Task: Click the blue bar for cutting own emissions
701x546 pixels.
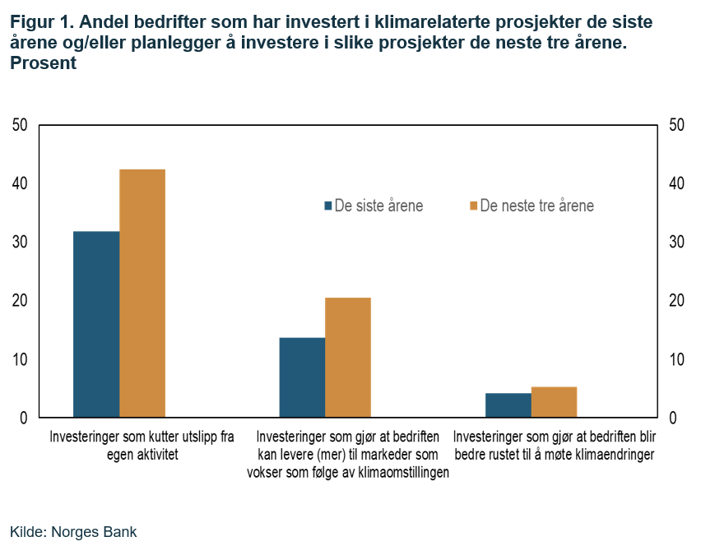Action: pos(96,324)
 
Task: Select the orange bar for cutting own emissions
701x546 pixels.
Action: pos(142,294)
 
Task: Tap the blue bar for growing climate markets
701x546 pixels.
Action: pos(302,377)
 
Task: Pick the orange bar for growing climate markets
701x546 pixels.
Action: pos(348,358)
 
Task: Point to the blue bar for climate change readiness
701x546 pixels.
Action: pos(508,405)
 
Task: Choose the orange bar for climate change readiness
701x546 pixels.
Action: pos(554,402)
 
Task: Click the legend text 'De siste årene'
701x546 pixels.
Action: pos(378,206)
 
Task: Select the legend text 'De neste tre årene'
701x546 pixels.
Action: pos(536,206)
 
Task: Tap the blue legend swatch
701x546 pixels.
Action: pos(328,206)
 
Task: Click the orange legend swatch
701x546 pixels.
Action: pos(473,206)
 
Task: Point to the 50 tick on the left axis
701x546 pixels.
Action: pos(20,125)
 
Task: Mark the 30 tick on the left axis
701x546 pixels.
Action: pos(20,243)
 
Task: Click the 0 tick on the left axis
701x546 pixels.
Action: pos(24,418)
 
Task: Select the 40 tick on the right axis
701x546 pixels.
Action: pos(677,183)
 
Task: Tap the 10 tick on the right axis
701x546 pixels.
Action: pos(677,359)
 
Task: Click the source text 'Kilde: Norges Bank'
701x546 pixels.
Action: pos(73,531)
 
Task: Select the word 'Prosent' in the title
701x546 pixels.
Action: pos(43,63)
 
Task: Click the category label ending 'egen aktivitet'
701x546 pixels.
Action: pos(142,445)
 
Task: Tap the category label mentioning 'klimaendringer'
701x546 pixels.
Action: pos(554,445)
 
